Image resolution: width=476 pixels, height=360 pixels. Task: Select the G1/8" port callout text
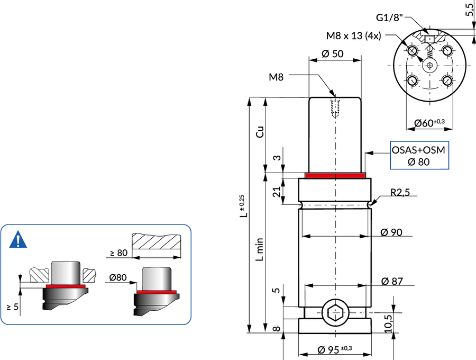pyautogui.click(x=389, y=17)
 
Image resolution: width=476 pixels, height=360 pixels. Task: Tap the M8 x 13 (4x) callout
pyautogui.click(x=353, y=35)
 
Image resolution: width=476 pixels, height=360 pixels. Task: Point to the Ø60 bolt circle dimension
pyautogui.click(x=429, y=123)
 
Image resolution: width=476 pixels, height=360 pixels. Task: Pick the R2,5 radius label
pyautogui.click(x=400, y=192)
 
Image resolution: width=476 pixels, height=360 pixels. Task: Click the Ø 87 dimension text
pyautogui.click(x=392, y=281)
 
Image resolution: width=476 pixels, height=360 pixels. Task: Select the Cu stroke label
pyautogui.click(x=259, y=132)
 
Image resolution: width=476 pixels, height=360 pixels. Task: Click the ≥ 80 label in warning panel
pyautogui.click(x=118, y=253)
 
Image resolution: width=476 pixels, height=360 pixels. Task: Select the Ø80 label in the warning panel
pyautogui.click(x=117, y=277)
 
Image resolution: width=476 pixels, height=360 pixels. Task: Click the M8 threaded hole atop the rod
pyautogui.click(x=335, y=107)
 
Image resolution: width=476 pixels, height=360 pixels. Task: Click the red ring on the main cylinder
pyautogui.click(x=335, y=175)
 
